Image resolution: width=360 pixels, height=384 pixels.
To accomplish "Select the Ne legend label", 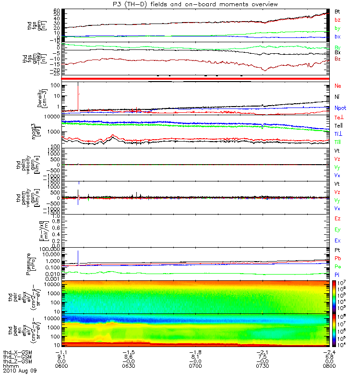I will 337,85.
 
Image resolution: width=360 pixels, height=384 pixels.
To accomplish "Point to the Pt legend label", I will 337,251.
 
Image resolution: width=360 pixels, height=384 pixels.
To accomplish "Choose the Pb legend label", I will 337,258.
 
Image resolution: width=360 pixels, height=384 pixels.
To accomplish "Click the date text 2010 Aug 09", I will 20,371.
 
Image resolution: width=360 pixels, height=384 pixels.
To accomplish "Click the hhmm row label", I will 11,366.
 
